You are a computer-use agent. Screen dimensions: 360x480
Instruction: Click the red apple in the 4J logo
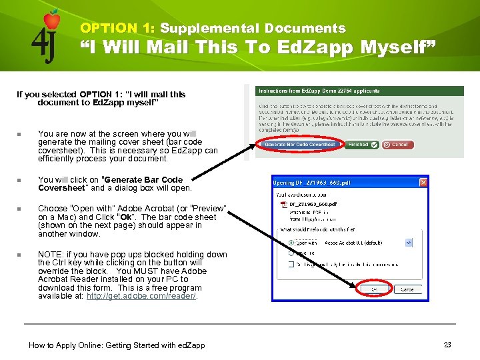coord(52,19)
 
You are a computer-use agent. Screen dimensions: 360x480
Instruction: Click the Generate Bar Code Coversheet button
coord(300,145)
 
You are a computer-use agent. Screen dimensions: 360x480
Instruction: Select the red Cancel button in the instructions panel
coord(397,145)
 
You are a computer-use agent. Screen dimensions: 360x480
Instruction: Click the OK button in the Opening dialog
coord(373,289)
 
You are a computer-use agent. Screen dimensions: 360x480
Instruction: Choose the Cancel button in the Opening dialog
coord(406,289)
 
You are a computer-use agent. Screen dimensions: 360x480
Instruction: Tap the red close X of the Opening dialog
coord(423,182)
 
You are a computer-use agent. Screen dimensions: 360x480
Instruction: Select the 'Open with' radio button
coord(291,243)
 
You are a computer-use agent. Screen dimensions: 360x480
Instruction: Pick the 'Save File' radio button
coord(291,253)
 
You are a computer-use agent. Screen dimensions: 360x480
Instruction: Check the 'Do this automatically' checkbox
coord(291,264)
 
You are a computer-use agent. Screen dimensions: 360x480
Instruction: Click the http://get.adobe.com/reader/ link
coord(142,296)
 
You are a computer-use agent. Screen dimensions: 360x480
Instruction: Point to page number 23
coord(447,345)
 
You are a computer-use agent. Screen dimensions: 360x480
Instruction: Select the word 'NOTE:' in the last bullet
coord(50,255)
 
